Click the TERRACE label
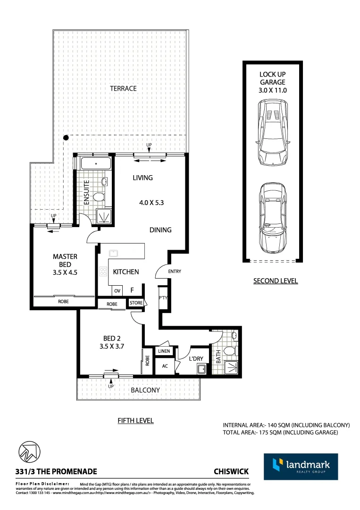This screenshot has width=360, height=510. [x=123, y=88]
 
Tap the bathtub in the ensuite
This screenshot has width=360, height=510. [x=96, y=164]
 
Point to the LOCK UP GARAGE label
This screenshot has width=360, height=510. [x=273, y=82]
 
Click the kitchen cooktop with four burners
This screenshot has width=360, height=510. [x=103, y=272]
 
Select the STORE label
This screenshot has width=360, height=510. [x=136, y=303]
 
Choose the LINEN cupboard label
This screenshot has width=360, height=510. [x=164, y=351]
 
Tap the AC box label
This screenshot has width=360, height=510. [x=165, y=366]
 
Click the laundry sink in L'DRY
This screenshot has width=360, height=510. [x=201, y=369]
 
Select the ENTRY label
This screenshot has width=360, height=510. [x=174, y=272]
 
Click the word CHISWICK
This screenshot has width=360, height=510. [x=231, y=471]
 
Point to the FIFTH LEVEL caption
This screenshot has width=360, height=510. [x=135, y=420]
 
